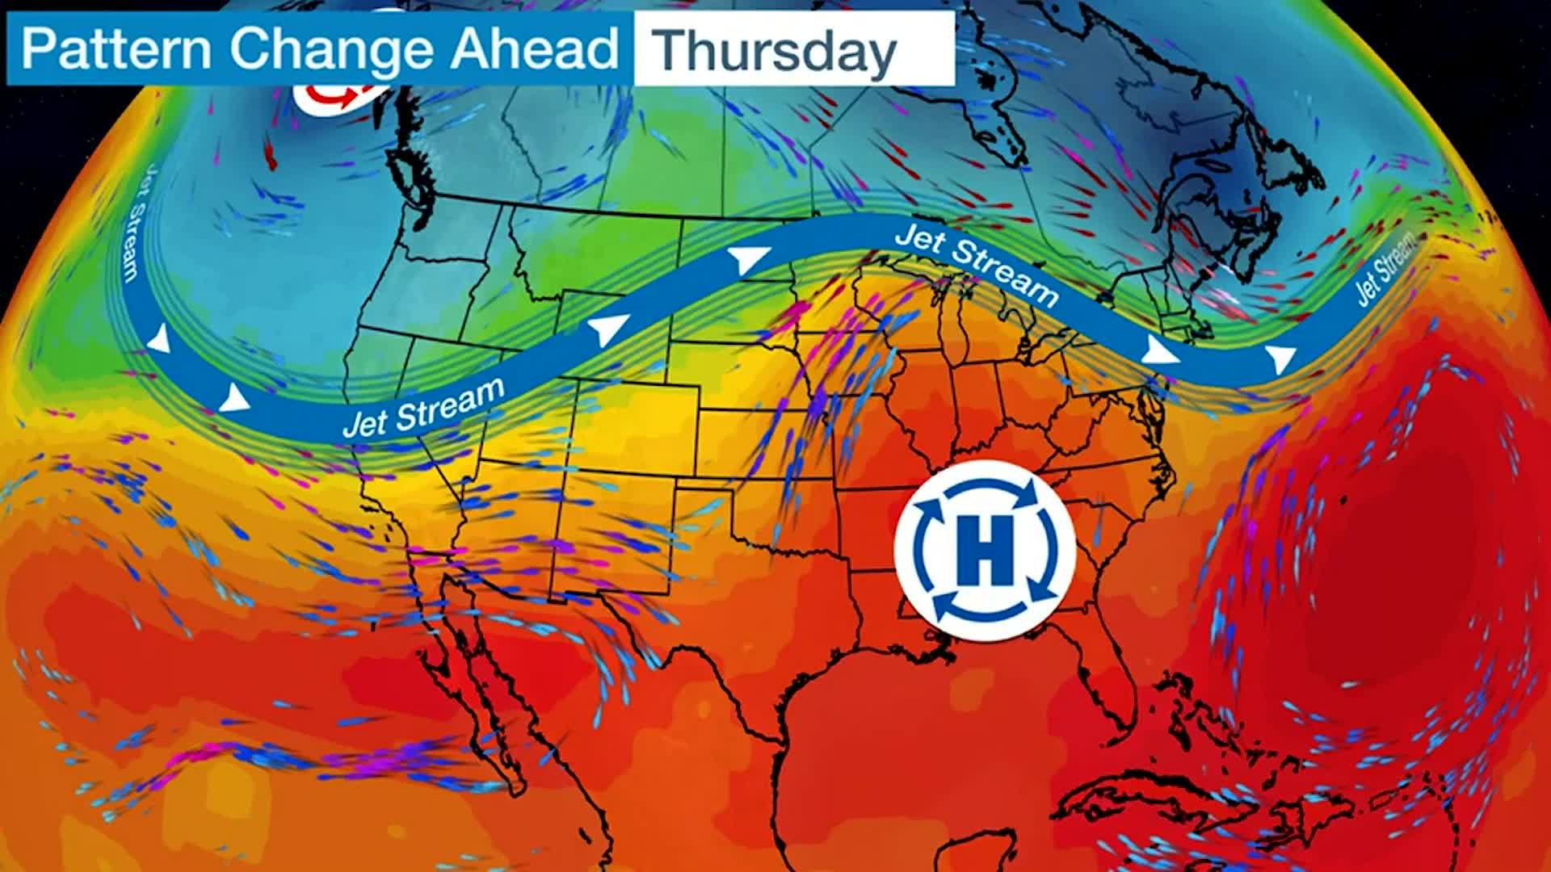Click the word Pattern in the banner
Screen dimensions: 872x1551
pyautogui.click(x=116, y=48)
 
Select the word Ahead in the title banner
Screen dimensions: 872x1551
pyautogui.click(x=535, y=48)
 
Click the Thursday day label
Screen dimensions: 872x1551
pyautogui.click(x=775, y=50)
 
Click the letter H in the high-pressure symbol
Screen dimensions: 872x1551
pyautogui.click(x=984, y=552)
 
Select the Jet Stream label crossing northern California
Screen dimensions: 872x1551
pyautogui.click(x=423, y=408)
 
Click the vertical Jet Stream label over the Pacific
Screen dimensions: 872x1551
pyautogui.click(x=139, y=223)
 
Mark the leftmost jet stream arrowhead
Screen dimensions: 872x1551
pyautogui.click(x=160, y=340)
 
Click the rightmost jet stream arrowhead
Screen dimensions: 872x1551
pyautogui.click(x=1280, y=357)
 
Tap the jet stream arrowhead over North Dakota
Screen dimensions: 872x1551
pyautogui.click(x=749, y=259)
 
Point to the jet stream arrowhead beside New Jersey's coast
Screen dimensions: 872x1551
pyautogui.click(x=1159, y=350)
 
